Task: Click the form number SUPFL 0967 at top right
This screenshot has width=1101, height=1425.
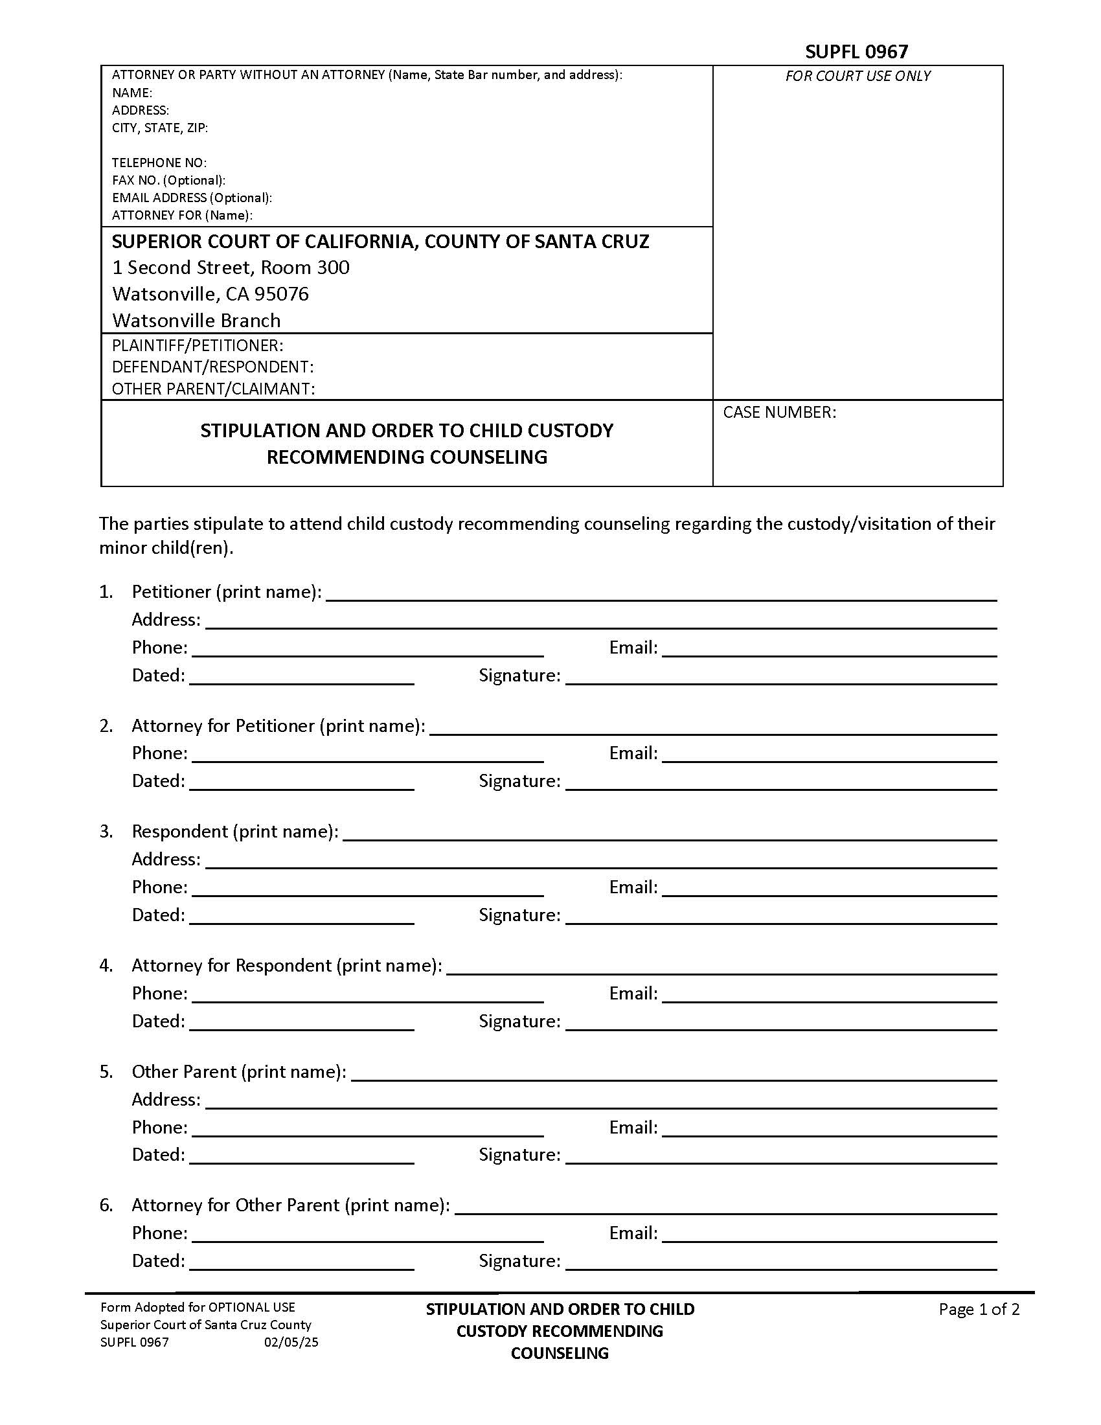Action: coord(856,52)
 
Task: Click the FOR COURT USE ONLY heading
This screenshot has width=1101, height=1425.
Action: coord(857,76)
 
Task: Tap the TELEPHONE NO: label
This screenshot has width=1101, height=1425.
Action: coord(159,163)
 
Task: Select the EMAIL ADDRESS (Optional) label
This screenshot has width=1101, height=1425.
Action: coord(192,198)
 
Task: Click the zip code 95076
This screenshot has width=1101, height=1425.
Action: coord(281,294)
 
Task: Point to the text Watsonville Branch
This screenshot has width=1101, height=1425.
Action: coord(196,321)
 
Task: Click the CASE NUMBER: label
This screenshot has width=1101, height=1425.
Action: coord(778,413)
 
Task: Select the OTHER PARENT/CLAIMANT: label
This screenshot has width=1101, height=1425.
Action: coord(213,389)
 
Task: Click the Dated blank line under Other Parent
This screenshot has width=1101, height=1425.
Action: coord(301,1159)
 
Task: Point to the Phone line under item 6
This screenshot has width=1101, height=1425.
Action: coord(367,1237)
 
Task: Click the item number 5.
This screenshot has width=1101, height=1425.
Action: coord(106,1072)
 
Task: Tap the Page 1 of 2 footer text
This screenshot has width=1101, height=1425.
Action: coord(979,1309)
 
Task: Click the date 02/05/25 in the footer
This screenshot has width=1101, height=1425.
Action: coord(291,1342)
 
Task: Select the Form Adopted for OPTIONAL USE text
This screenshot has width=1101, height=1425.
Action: coord(198,1307)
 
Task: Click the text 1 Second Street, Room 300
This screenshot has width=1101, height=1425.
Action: coord(231,268)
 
